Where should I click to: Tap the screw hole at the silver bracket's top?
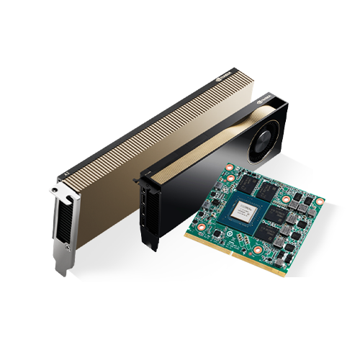click(x=56, y=189)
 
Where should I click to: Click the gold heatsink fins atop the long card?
click(x=144, y=122)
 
